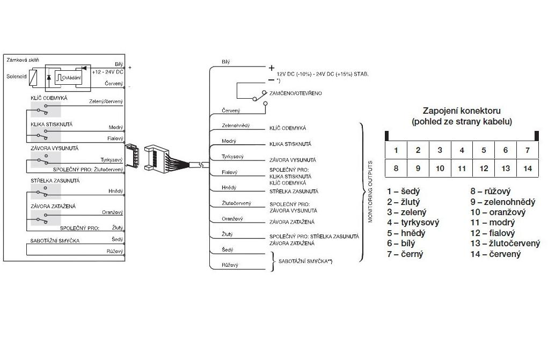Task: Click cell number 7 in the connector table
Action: click(x=527, y=150)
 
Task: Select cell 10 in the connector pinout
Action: click(x=440, y=168)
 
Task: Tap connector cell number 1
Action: click(x=396, y=150)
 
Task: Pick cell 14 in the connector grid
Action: click(x=527, y=168)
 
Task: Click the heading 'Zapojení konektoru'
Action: click(x=462, y=111)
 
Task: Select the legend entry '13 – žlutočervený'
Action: click(x=505, y=244)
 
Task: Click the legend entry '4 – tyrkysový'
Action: click(x=413, y=223)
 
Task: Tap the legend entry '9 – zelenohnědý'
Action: click(x=502, y=202)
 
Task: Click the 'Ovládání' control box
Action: click(x=70, y=78)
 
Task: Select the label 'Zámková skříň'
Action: click(x=22, y=60)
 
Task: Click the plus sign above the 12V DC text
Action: click(x=271, y=68)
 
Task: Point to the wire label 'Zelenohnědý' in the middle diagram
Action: click(x=236, y=126)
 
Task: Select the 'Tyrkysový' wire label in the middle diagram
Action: click(x=233, y=157)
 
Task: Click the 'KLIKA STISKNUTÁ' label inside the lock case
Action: click(x=52, y=124)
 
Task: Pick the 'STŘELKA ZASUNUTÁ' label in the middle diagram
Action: click(x=294, y=192)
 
